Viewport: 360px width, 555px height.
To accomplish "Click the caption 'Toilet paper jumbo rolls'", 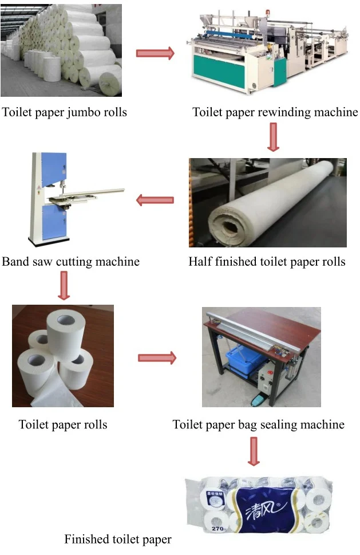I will click(64, 112).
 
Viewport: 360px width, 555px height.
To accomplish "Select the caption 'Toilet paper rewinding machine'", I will click(275, 112).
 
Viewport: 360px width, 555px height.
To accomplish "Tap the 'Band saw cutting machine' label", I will click(70, 262).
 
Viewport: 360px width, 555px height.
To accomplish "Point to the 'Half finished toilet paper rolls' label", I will click(267, 262).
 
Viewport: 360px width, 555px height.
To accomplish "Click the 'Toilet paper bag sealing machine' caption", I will click(259, 424).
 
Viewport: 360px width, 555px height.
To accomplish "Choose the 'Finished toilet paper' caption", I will click(117, 539).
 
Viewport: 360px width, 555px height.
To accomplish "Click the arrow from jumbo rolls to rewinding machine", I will click(155, 53).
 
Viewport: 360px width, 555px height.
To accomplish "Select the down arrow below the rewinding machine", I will click(273, 137).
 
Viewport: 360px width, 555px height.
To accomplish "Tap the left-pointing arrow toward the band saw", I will click(155, 200).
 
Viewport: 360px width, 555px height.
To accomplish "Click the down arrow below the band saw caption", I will click(64, 286).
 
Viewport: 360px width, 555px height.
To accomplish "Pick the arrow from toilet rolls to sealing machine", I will click(157, 358).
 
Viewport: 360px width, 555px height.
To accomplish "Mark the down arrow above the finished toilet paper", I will click(254, 451).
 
